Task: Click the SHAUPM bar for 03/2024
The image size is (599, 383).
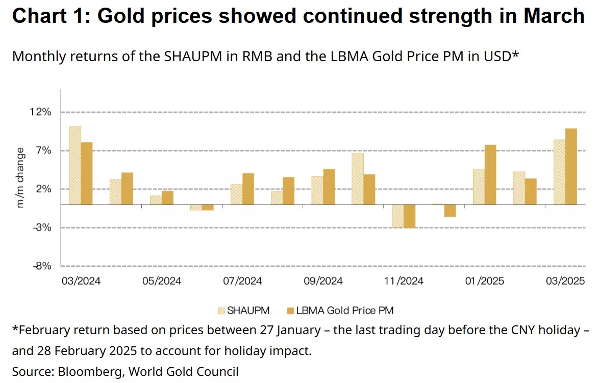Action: point(75,165)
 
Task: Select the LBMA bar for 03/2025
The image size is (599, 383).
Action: point(571,167)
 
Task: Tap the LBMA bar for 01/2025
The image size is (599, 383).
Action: point(490,175)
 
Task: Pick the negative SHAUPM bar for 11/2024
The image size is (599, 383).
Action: point(397,216)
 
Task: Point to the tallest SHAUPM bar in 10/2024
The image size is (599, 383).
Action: point(358,179)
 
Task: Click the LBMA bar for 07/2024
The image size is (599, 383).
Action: point(248,189)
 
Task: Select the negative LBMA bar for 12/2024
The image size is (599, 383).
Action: point(450,211)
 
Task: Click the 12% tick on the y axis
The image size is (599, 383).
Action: point(40,112)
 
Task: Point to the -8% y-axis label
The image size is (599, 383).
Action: point(42,266)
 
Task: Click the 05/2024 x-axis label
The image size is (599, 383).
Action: point(162,281)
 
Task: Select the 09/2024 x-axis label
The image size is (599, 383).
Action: point(323,281)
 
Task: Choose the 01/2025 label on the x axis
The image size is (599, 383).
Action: point(484,281)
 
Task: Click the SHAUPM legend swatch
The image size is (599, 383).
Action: point(221,311)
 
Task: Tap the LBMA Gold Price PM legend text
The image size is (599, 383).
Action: point(345,311)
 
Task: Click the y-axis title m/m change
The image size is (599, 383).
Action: point(20,178)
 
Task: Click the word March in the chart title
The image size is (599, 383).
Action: point(554,16)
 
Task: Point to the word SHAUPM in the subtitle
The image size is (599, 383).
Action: point(193,57)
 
